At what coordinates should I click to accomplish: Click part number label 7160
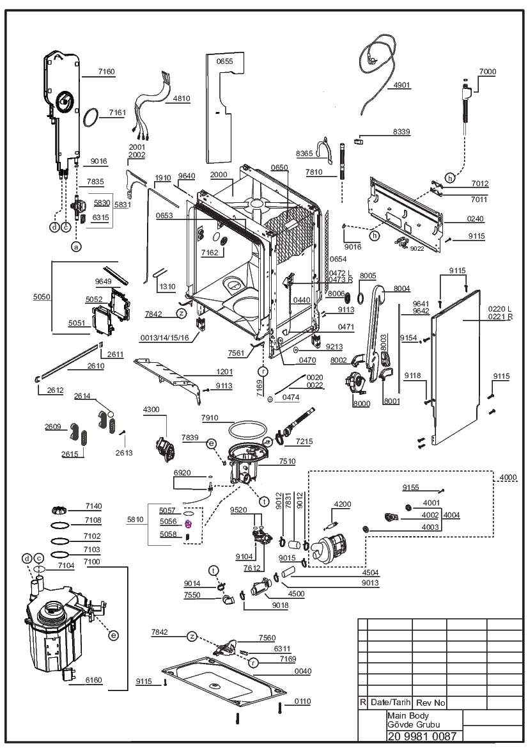point(106,72)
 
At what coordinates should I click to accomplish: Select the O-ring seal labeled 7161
point(92,117)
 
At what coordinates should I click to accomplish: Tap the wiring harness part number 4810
point(182,99)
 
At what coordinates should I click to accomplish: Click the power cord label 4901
point(401,85)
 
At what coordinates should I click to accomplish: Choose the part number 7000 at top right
point(488,72)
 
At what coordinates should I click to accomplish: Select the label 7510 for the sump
point(287,461)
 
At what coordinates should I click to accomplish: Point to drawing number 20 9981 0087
point(423,736)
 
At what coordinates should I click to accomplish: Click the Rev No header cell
point(430,703)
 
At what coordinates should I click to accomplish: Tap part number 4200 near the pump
point(343,504)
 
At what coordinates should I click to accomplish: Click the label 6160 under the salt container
point(93,680)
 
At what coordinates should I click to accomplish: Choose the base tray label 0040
point(302,671)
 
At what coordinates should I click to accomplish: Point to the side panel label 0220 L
point(499,309)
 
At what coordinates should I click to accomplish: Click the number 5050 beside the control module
point(42,297)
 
